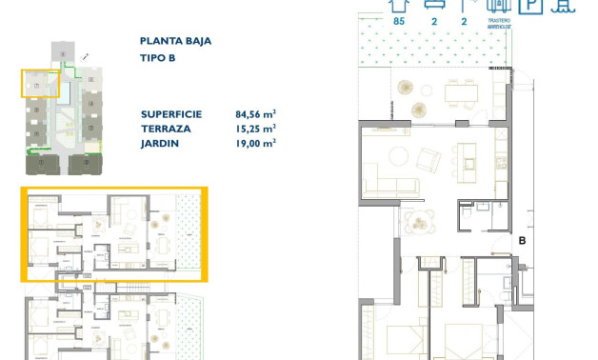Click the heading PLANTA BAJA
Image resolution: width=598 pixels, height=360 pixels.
[x=175, y=41]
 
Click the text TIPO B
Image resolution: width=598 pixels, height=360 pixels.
[x=158, y=58]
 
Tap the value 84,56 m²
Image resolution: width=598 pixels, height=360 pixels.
[x=255, y=112]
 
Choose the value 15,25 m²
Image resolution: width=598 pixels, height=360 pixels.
[x=255, y=128]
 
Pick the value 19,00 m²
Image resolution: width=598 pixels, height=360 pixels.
[x=255, y=143]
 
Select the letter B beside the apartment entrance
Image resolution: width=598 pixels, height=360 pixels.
[x=522, y=241]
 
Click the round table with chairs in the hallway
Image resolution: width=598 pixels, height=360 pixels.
[x=418, y=222]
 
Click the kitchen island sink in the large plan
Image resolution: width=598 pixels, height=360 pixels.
[x=469, y=162]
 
